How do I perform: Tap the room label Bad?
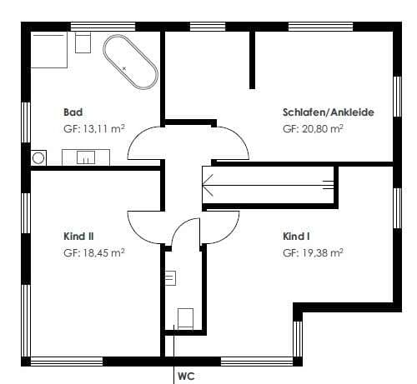[x=73, y=112]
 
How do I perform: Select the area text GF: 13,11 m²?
[x=94, y=129]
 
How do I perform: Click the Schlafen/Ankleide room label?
[x=329, y=112]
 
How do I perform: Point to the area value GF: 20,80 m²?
[x=313, y=129]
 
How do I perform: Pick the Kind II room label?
[x=78, y=237]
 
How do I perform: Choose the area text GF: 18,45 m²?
[x=94, y=253]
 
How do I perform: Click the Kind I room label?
[x=296, y=237]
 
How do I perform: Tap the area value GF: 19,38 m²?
[x=313, y=253]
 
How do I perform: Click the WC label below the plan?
[x=186, y=377]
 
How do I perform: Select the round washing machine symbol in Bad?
[x=38, y=158]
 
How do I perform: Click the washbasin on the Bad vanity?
[x=86, y=157]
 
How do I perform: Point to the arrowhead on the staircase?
[x=208, y=185]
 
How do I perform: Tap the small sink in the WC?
[x=170, y=278]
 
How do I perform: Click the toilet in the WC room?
[x=185, y=318]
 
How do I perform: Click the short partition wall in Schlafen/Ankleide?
[x=252, y=60]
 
